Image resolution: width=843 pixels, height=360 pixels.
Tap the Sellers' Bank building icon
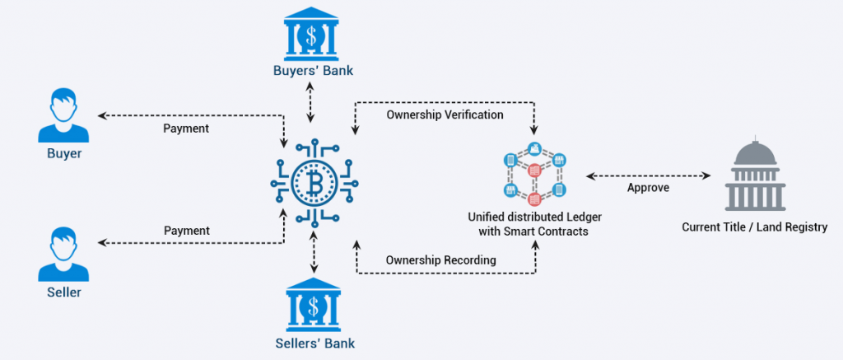click(313, 306)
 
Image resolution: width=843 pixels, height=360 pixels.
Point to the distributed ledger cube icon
click(533, 175)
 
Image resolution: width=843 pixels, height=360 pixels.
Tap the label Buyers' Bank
click(313, 71)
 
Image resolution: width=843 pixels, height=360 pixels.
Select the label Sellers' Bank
click(313, 343)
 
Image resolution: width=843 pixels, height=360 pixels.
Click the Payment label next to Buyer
click(186, 129)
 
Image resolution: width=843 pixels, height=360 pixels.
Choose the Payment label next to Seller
click(186, 231)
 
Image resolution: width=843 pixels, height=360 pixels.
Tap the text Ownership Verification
click(445, 115)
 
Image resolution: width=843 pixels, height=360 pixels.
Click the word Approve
click(649, 188)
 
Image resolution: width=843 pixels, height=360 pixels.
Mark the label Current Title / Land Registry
click(754, 227)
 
